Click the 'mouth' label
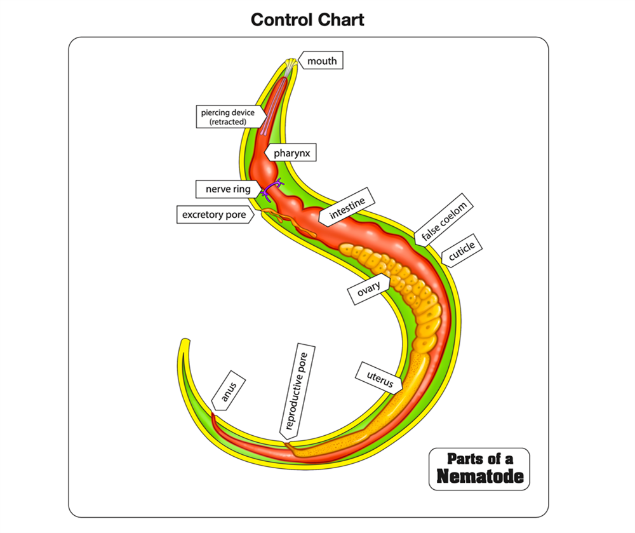pos(322,61)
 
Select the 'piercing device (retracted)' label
pos(227,117)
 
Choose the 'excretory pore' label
pos(214,215)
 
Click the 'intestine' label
pos(347,209)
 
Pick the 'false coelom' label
pos(444,222)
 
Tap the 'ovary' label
pos(368,289)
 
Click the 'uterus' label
pos(380,377)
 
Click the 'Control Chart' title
pos(307,20)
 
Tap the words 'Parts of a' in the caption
pos(479,459)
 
